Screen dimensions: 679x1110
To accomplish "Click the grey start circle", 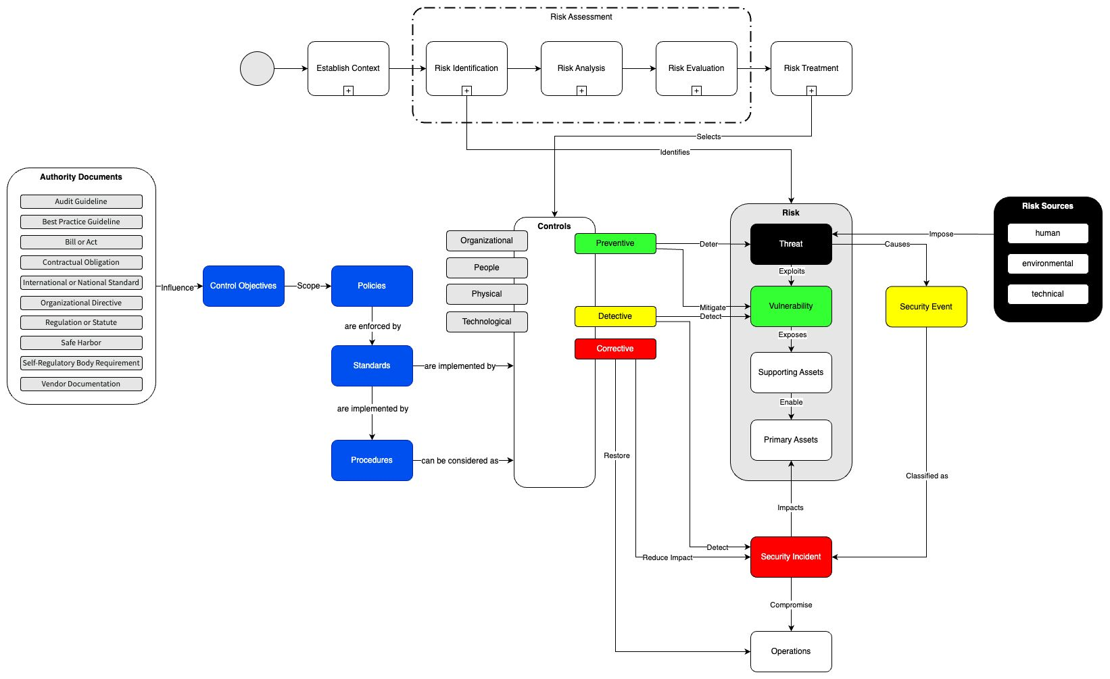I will click(x=257, y=68).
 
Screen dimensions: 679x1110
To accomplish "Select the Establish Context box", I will click(x=348, y=68).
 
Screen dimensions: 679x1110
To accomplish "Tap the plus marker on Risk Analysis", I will click(x=581, y=91).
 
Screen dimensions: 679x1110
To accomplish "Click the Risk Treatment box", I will click(x=811, y=68).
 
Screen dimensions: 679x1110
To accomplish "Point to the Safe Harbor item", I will click(x=81, y=343).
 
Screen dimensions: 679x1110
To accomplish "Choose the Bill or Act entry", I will click(x=81, y=242).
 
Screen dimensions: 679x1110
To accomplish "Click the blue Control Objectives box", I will click(x=243, y=286).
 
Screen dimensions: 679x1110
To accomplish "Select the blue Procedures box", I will click(x=372, y=460).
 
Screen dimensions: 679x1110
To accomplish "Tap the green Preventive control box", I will click(x=615, y=243).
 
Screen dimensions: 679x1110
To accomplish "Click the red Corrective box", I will click(x=615, y=349).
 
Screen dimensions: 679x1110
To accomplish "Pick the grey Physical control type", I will click(x=487, y=294).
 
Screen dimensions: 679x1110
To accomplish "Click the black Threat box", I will click(x=791, y=244).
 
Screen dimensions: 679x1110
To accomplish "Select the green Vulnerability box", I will click(x=791, y=306).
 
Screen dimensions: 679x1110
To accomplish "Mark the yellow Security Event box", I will click(x=926, y=307).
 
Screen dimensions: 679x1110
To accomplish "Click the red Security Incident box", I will click(x=791, y=557).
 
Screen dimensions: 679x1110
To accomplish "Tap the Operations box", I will click(x=791, y=651).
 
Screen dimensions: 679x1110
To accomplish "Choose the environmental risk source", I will click(x=1048, y=263).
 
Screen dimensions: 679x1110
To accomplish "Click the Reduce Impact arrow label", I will click(x=667, y=557).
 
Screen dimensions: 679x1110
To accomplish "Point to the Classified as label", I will click(x=927, y=476).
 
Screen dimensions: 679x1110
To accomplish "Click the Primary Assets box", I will click(x=791, y=440).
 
